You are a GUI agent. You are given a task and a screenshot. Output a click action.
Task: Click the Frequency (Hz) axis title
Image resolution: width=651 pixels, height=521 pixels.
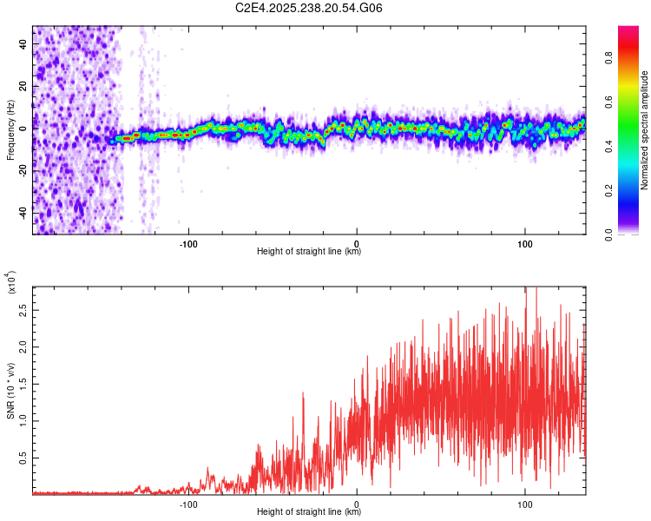pos(11,130)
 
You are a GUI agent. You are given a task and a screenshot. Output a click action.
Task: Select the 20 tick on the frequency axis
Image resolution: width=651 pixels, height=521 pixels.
pos(23,86)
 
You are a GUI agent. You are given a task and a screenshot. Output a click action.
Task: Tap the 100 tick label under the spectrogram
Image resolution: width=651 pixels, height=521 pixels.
pos(525,242)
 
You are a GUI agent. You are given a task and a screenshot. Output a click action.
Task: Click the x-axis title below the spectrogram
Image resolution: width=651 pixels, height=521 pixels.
pos(309,252)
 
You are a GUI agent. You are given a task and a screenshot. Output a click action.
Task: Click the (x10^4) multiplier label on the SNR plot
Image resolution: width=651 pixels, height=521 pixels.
pos(11,282)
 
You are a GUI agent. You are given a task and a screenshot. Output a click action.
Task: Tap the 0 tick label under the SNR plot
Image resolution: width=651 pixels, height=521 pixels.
pos(357,504)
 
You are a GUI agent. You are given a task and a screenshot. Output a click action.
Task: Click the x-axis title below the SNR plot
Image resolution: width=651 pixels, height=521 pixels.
pos(309,512)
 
